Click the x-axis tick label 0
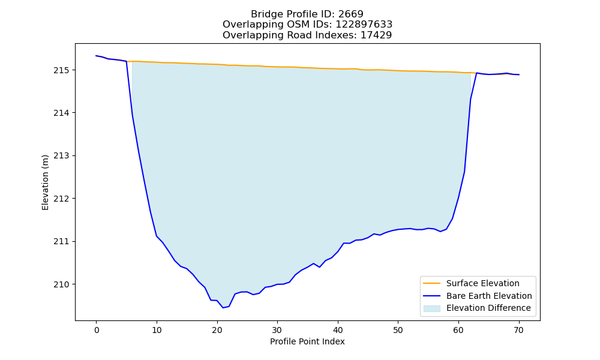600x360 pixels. (x=97, y=330)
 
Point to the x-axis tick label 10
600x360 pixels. (x=157, y=330)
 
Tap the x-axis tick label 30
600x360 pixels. (x=277, y=330)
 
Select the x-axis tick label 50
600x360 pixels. (x=398, y=330)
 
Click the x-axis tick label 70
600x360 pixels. (x=519, y=330)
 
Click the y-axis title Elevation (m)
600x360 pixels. (x=45, y=182)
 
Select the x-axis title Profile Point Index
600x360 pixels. (x=307, y=341)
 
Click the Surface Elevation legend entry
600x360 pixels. (x=482, y=283)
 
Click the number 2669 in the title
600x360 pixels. (x=350, y=14)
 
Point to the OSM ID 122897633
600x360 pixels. (x=364, y=25)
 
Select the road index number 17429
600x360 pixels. (x=376, y=35)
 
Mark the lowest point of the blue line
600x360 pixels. (x=223, y=308)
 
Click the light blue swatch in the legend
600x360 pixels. (x=431, y=308)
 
